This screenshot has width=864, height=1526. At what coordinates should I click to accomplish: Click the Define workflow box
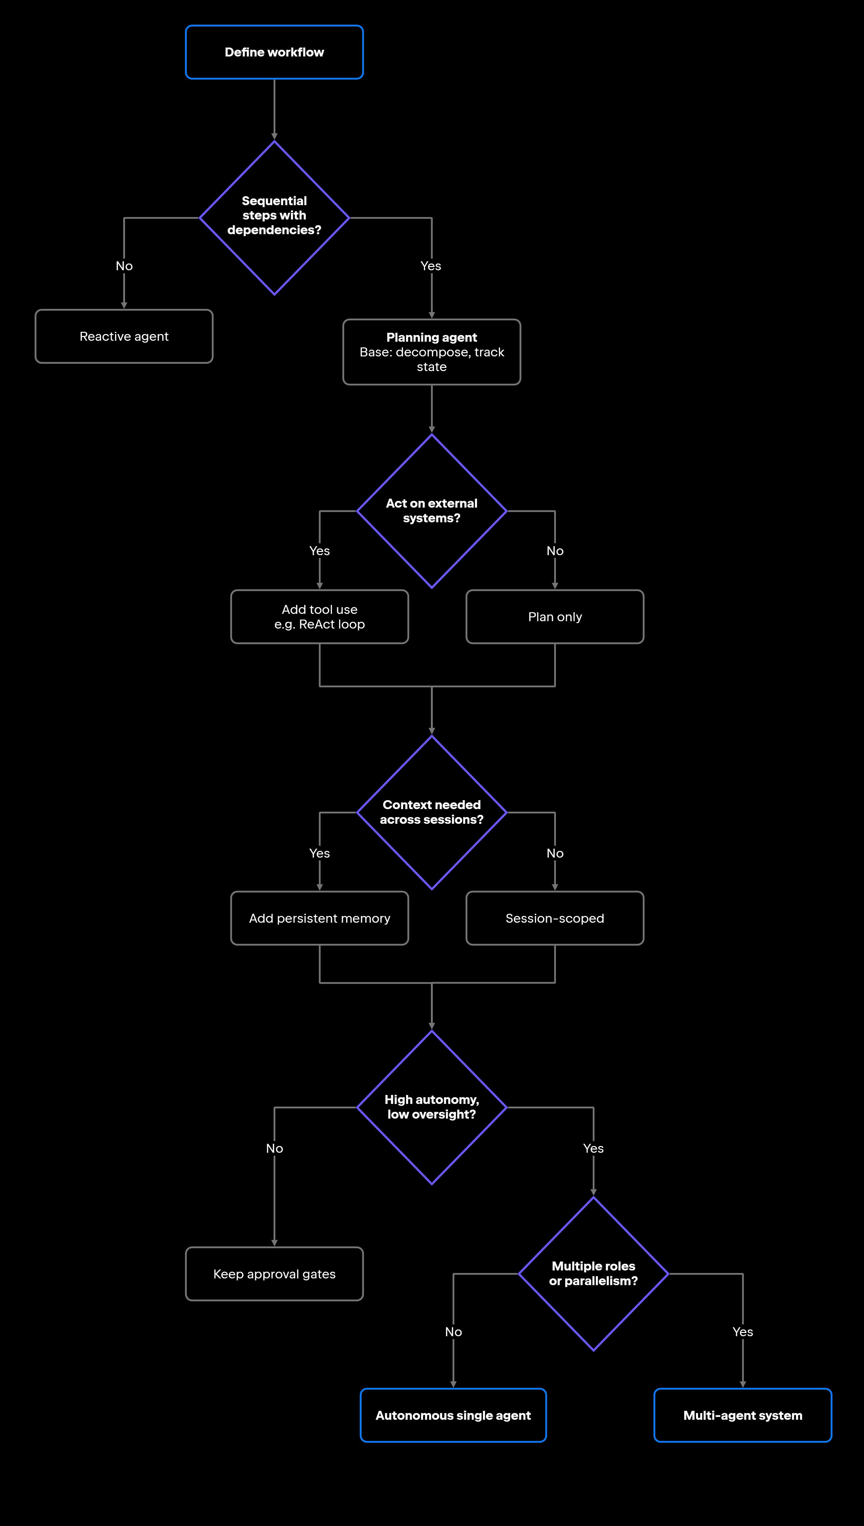pos(274,52)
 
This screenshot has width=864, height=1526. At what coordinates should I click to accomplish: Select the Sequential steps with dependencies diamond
pos(274,218)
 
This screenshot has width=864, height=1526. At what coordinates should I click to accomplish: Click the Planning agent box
pos(432,352)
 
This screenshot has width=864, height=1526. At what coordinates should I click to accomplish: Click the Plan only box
pos(555,617)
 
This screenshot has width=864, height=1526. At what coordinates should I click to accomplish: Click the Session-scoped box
pos(555,918)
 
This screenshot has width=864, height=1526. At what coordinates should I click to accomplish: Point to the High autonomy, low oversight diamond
pos(432,1107)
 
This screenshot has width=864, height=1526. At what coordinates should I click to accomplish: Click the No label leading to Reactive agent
pos(124,266)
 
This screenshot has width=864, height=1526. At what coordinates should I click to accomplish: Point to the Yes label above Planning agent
pos(431,266)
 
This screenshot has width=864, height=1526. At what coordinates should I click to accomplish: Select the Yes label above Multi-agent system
pos(743,1332)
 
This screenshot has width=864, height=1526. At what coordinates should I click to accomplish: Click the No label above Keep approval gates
pos(275,1149)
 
